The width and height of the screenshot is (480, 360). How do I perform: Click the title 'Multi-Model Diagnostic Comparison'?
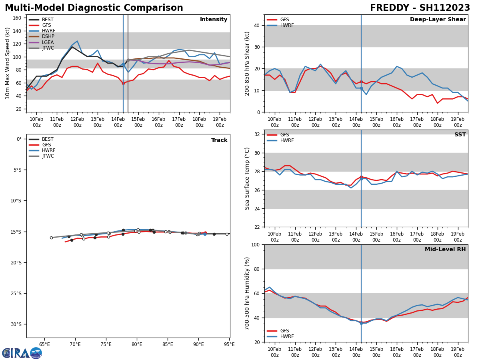(94, 8)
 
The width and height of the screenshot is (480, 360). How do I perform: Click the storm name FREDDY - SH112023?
(420, 8)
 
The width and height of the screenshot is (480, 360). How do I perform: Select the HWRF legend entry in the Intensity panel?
(48, 31)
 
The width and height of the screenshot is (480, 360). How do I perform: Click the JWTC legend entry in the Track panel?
(48, 156)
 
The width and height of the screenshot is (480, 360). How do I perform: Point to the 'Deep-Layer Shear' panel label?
(438, 20)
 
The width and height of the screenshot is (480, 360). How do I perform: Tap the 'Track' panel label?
(219, 140)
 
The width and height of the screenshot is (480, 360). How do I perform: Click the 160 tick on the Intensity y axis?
(18, 18)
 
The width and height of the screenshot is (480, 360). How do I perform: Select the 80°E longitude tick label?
(137, 344)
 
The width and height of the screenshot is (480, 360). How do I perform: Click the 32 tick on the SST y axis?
(257, 134)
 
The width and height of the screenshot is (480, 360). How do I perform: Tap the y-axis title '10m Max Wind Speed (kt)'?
(8, 63)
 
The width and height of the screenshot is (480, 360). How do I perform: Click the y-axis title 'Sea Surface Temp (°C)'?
(247, 178)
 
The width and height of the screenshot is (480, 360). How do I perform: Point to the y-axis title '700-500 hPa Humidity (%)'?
(247, 293)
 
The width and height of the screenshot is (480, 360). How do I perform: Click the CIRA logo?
(22, 353)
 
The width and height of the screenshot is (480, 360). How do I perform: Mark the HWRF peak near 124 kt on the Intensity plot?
(77, 41)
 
